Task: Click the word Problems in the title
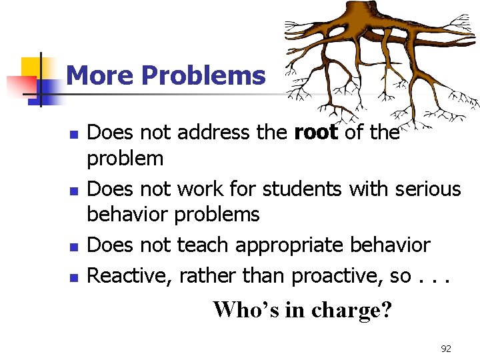[203, 76]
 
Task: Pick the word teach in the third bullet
[199, 245]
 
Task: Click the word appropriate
[293, 246]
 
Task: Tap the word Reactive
[129, 275]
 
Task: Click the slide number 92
[446, 349]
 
